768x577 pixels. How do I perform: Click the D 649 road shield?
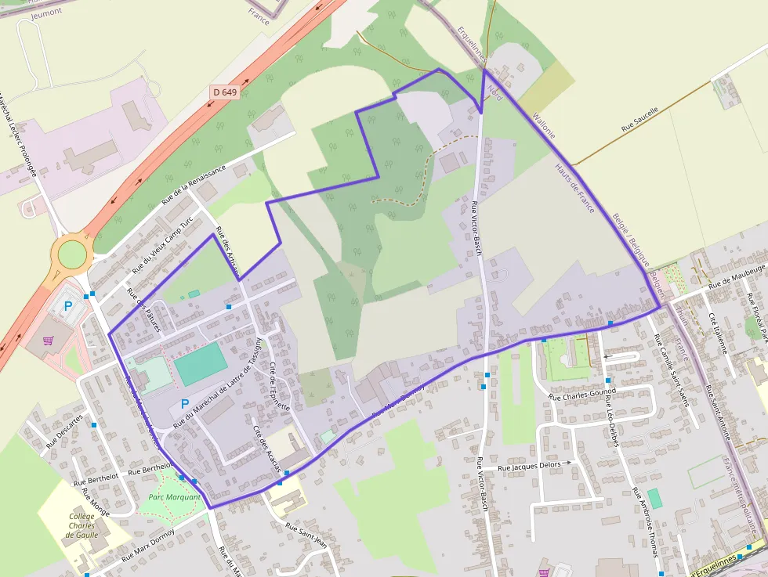tap(224, 92)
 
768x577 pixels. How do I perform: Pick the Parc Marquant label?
tap(174, 497)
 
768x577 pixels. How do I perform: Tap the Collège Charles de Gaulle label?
tap(82, 525)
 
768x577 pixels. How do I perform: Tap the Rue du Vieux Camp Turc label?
tap(162, 245)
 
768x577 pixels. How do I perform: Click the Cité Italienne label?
tap(719, 333)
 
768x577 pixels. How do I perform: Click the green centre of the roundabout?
tap(71, 254)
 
